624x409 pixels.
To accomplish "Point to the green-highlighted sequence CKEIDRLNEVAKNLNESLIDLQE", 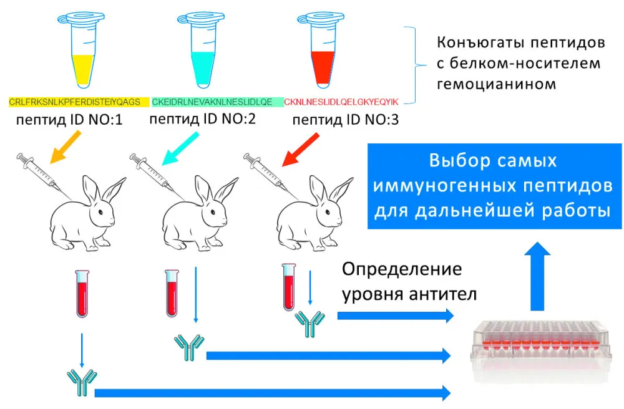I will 212,102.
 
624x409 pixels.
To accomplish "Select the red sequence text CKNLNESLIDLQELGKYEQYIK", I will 341,102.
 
